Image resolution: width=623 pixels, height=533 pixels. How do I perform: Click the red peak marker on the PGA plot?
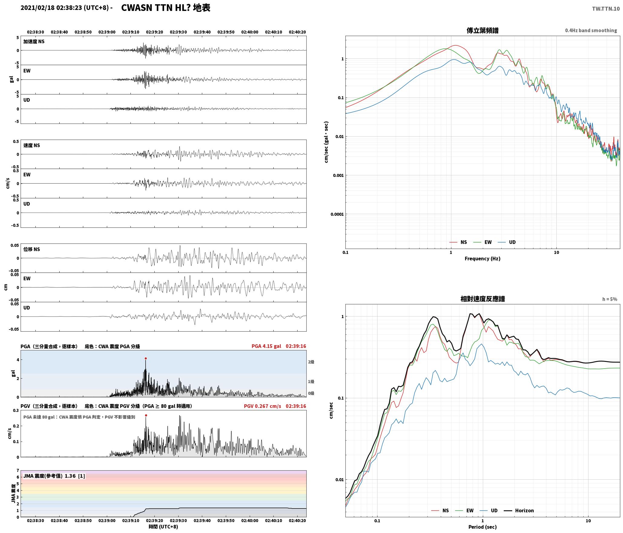pos(146,358)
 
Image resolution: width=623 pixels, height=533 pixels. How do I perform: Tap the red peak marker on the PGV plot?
pos(146,415)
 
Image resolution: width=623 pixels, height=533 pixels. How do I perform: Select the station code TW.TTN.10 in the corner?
pos(606,9)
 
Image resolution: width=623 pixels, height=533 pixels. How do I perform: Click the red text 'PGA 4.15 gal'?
pos(266,346)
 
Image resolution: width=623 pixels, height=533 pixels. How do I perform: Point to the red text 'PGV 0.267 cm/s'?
pos(262,406)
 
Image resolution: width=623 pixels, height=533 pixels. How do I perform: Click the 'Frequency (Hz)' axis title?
pos(483,258)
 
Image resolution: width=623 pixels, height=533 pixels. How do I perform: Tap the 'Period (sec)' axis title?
pos(483,527)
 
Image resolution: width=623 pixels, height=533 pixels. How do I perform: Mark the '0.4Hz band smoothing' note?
pos(591,30)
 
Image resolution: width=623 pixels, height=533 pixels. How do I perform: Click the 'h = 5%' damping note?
pos(610,299)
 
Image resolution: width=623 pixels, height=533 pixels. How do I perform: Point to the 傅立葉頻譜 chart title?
pos(483,30)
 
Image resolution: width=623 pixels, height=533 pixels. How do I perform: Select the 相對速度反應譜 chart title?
pos(483,299)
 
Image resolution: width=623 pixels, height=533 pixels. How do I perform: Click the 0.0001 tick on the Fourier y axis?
pos(337,214)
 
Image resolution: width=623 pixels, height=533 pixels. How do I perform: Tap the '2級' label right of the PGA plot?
pos(311,362)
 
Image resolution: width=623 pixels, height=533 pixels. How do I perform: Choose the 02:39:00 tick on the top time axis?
pos(107,32)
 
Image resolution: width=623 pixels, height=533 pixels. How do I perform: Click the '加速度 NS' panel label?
pos(34,41)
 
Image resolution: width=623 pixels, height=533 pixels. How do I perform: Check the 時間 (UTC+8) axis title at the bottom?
pos(163,527)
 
